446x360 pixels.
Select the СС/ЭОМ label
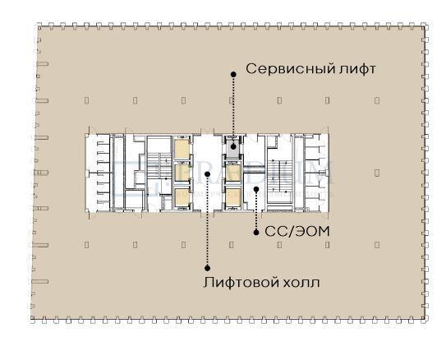297,232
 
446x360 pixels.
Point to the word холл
299,283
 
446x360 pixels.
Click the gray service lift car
233,149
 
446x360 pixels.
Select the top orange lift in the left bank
180,149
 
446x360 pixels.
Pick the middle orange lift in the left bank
180,173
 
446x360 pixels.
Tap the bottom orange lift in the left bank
180,196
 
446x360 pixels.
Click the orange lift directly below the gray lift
233,173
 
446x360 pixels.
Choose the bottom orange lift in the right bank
233,196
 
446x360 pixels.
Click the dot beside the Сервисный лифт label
233,73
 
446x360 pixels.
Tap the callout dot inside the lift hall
207,173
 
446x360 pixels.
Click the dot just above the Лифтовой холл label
207,266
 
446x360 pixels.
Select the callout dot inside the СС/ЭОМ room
256,190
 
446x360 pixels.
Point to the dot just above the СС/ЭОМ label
256,231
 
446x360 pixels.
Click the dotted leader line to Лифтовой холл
207,222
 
